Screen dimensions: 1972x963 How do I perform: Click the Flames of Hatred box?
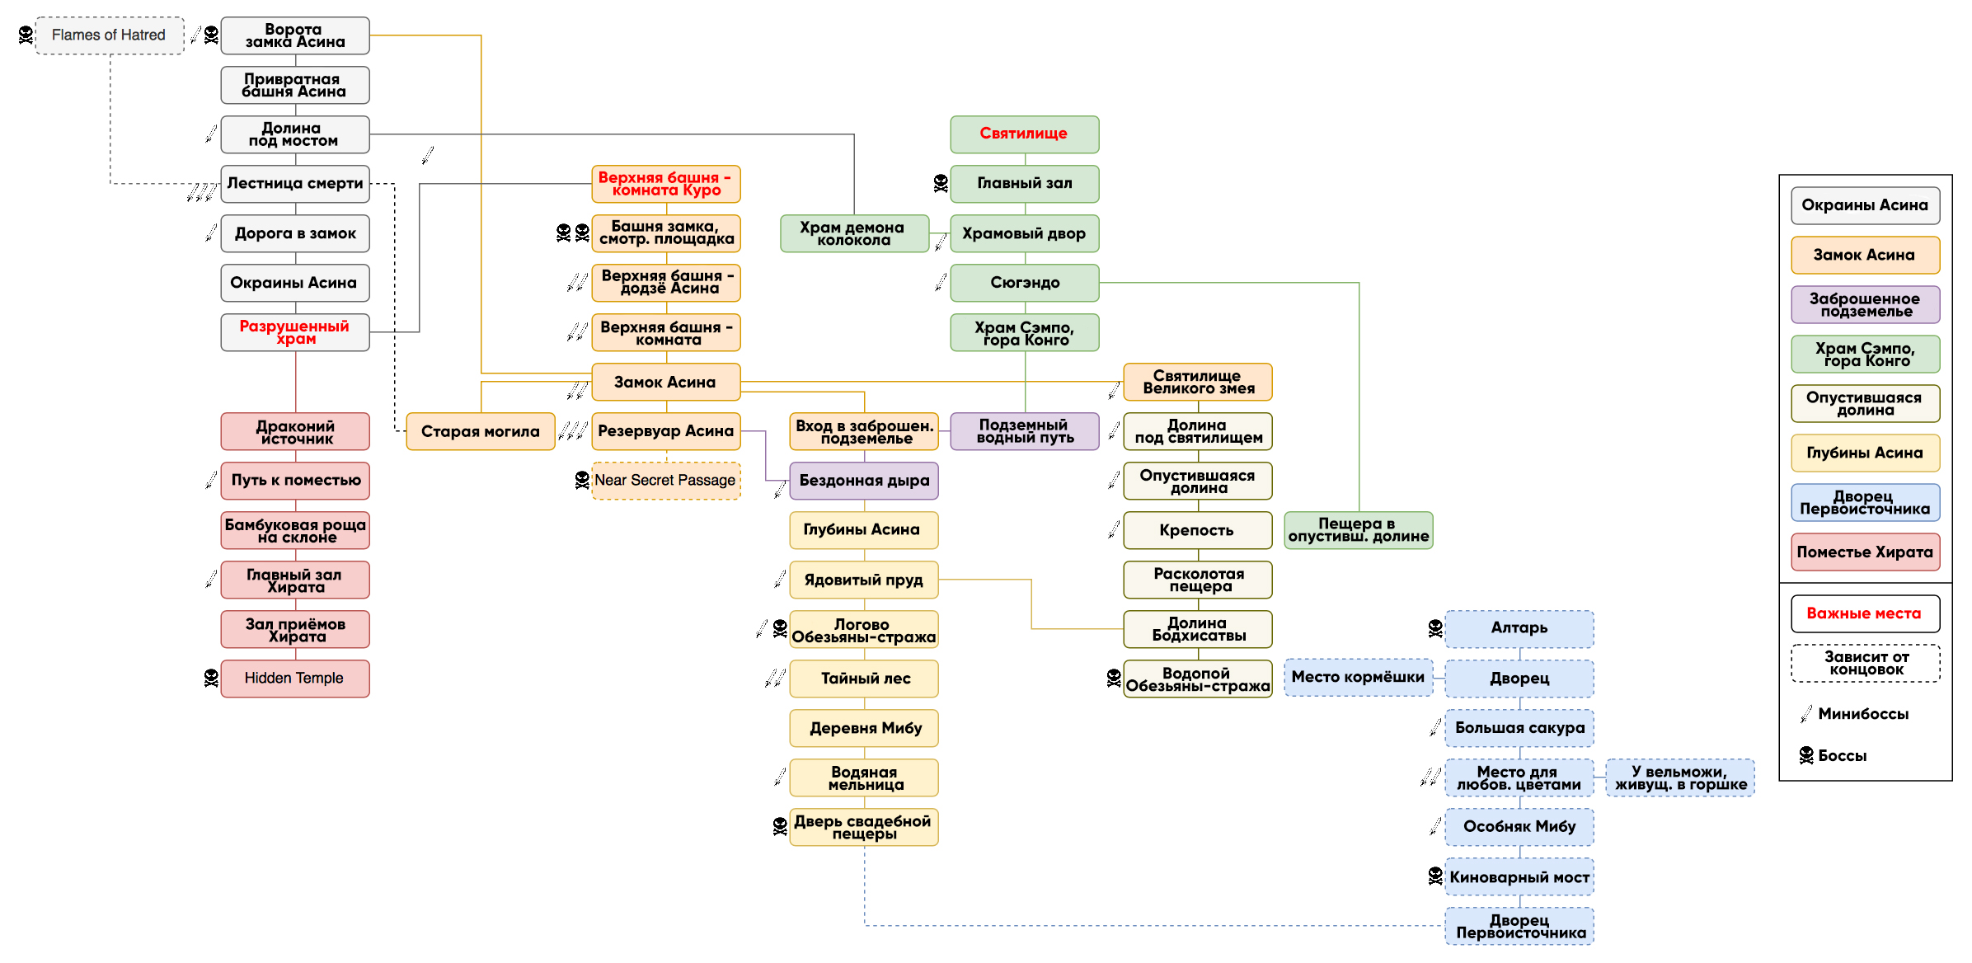tap(110, 35)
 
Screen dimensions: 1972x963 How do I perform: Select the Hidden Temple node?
tap(295, 679)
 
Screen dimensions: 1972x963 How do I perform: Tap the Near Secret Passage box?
tap(666, 481)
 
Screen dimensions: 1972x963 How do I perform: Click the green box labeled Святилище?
tap(1025, 134)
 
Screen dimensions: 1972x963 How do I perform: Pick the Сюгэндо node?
tap(1025, 283)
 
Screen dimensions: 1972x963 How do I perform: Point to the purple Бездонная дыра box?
tap(864, 481)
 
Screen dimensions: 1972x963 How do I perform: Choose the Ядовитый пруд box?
tap(864, 580)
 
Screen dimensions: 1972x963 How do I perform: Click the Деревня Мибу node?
tap(864, 728)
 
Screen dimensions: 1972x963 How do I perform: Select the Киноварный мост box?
tap(1519, 876)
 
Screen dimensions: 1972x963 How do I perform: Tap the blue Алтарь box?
tap(1519, 629)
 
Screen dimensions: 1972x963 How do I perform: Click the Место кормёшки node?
tap(1359, 678)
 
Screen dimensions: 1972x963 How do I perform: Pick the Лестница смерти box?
tap(295, 184)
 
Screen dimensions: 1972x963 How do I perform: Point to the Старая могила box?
tap(481, 431)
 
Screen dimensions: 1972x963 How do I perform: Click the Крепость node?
tap(1198, 530)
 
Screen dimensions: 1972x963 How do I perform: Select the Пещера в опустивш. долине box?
tap(1359, 530)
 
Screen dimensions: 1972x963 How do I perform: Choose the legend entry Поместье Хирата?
tap(1866, 552)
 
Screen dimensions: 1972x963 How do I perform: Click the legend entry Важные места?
tap(1866, 613)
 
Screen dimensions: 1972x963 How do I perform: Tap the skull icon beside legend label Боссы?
tap(1806, 755)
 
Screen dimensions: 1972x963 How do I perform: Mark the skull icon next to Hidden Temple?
tap(211, 678)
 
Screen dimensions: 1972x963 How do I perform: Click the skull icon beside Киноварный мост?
tap(1435, 876)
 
